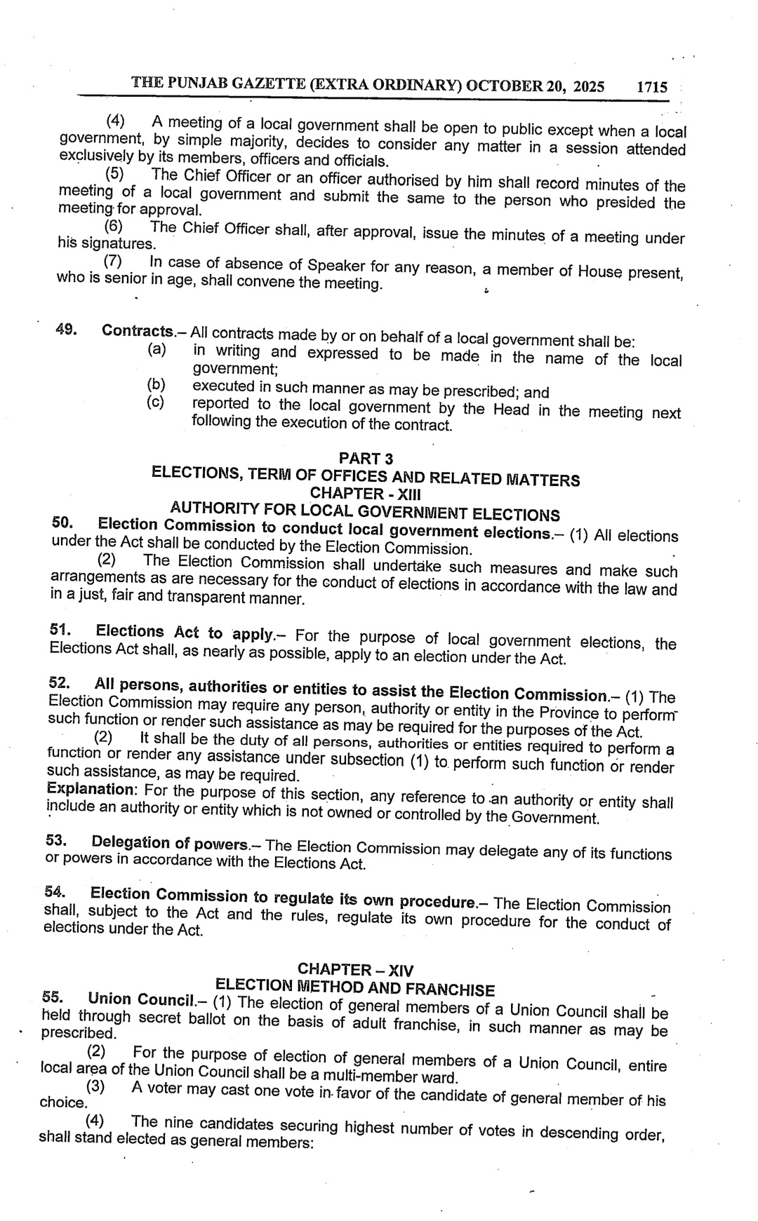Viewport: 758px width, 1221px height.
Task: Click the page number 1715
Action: click(651, 88)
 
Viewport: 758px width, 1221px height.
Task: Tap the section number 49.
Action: click(66, 328)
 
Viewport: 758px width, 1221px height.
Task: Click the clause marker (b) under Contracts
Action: click(156, 384)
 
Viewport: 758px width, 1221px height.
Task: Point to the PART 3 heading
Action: click(366, 459)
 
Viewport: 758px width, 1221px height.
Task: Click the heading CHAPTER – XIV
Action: click(356, 970)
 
